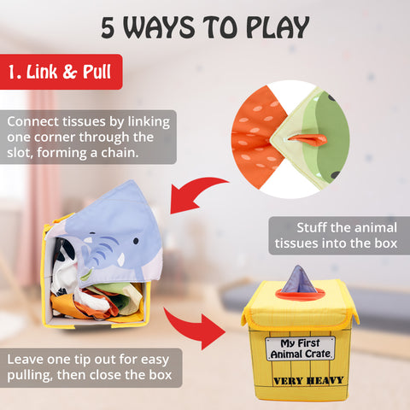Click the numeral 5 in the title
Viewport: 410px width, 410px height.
pyautogui.click(x=108, y=27)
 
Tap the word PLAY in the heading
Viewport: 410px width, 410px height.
pyautogui.click(x=278, y=27)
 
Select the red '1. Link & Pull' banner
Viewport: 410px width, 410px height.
pyautogui.click(x=61, y=72)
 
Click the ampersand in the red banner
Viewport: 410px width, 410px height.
pyautogui.click(x=70, y=72)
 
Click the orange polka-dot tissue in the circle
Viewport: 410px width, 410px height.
pyautogui.click(x=258, y=137)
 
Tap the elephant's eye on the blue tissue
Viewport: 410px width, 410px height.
pyautogui.click(x=136, y=241)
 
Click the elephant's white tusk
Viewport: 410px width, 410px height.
pyautogui.click(x=121, y=260)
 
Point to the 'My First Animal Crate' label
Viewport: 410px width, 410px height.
pyautogui.click(x=301, y=348)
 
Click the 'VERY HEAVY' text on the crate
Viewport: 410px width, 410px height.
pyautogui.click(x=308, y=381)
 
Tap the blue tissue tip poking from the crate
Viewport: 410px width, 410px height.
pyautogui.click(x=299, y=279)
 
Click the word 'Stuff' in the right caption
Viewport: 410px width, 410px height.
pyautogui.click(x=311, y=228)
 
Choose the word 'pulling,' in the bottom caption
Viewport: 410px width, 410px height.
pyautogui.click(x=30, y=376)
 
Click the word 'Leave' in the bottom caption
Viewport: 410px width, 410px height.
pyautogui.click(x=25, y=360)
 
